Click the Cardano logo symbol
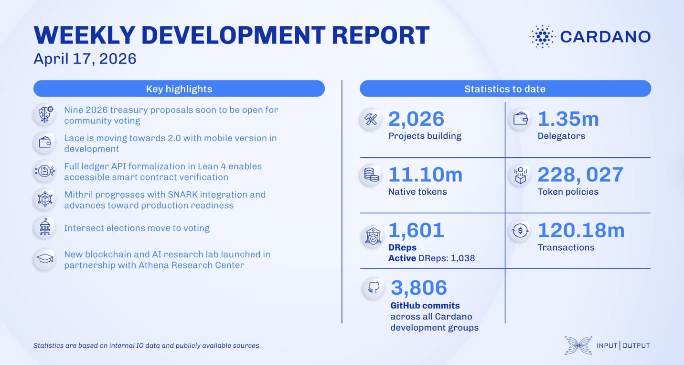tap(542, 37)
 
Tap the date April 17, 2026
tap(85, 58)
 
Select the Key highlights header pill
tap(179, 89)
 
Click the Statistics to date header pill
tap(505, 89)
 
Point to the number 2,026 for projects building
tap(416, 119)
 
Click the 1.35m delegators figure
tap(568, 119)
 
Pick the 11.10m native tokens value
tap(425, 175)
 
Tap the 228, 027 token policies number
tap(580, 175)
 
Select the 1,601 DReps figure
tap(416, 230)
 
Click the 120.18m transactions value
tap(581, 230)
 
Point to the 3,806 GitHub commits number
tap(419, 288)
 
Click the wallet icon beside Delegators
tap(520, 120)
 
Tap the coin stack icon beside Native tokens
tap(372, 175)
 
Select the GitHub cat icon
tap(374, 288)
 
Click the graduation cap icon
tap(45, 259)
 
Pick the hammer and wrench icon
tap(372, 120)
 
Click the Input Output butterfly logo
tap(578, 345)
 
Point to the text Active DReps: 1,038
tap(431, 258)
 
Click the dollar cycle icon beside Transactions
tap(520, 231)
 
